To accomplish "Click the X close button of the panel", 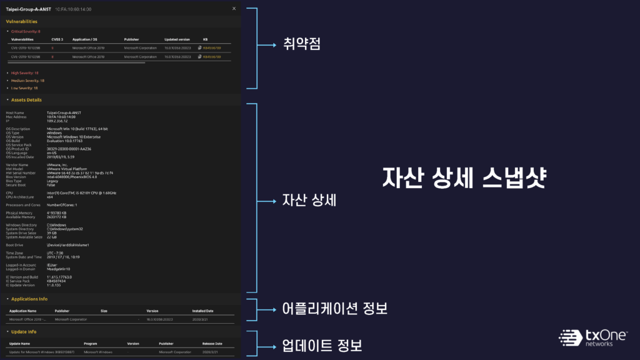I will [234, 9].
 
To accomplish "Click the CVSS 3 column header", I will [57, 39].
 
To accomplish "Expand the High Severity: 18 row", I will [24, 73].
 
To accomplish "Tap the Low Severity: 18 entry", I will [24, 88].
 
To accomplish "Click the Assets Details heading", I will [26, 100].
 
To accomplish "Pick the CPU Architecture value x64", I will [49, 197].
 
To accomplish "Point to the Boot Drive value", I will [68, 244].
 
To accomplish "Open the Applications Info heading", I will [29, 299].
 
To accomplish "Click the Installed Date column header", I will [202, 311].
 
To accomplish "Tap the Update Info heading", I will [24, 332].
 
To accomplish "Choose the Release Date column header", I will [212, 344].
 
